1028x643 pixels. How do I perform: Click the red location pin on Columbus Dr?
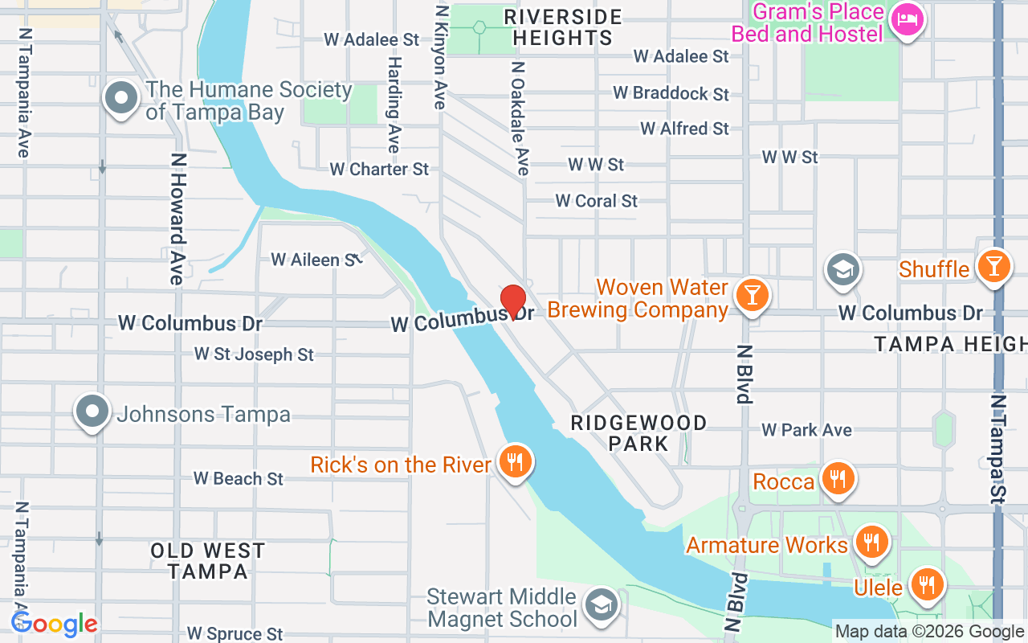[513, 302]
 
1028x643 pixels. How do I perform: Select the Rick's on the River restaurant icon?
[514, 461]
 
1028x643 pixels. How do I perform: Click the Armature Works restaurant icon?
[871, 541]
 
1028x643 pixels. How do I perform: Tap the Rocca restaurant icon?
[838, 478]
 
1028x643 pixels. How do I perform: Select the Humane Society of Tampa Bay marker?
[121, 98]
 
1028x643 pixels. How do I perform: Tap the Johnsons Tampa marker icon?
[92, 412]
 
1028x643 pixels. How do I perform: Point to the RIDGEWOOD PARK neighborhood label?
[638, 432]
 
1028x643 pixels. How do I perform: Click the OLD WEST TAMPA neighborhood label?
[208, 561]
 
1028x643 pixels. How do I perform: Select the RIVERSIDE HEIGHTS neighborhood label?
[562, 27]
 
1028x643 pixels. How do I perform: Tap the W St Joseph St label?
[254, 354]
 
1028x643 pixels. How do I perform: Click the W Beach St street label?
[239, 478]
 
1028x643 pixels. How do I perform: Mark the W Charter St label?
[379, 169]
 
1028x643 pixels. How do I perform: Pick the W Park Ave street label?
[806, 430]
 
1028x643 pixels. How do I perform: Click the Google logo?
[55, 624]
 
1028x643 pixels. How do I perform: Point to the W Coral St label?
[597, 201]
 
